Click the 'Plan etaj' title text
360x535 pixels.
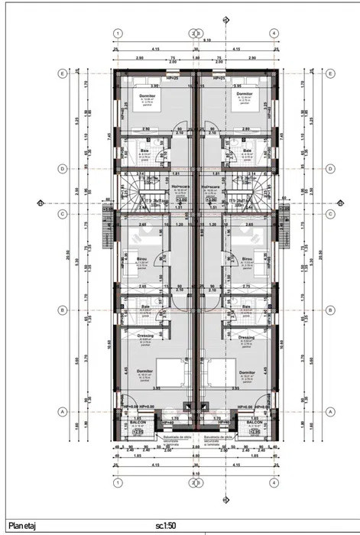point(23,526)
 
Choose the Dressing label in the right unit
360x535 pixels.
point(246,337)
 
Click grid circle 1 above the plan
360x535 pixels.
point(118,34)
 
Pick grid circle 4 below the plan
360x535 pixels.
point(273,484)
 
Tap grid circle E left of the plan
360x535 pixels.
point(62,75)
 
